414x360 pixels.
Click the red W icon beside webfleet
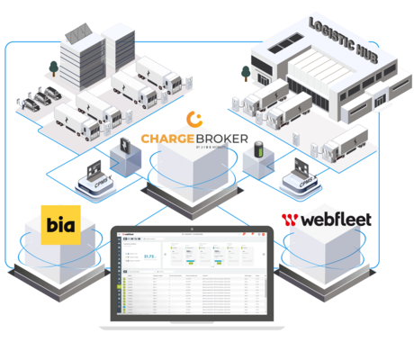[290, 219]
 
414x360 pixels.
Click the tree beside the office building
[55, 68]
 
